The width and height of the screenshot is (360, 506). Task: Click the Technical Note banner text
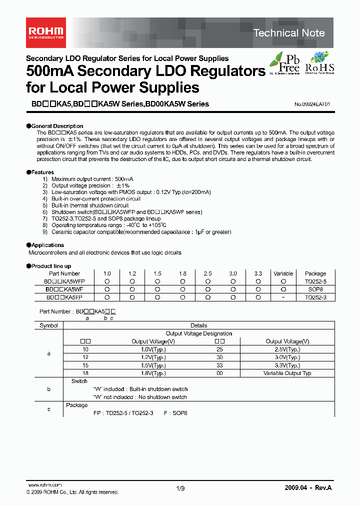click(288, 33)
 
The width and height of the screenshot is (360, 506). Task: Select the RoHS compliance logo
click(319, 63)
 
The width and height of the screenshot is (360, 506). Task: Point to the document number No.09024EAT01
click(312, 104)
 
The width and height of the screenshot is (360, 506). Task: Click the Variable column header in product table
click(283, 273)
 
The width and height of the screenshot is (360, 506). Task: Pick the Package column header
click(315, 273)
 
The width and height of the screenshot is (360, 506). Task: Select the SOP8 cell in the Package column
click(315, 289)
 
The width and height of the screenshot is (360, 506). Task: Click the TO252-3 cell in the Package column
click(315, 297)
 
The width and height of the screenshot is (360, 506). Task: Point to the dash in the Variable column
click(283, 297)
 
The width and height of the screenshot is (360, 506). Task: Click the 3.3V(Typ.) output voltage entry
click(287, 365)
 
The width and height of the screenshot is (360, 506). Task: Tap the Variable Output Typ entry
click(287, 373)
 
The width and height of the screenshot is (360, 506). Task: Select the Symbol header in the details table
click(48, 325)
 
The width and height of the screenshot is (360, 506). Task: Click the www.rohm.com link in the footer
click(44, 485)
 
